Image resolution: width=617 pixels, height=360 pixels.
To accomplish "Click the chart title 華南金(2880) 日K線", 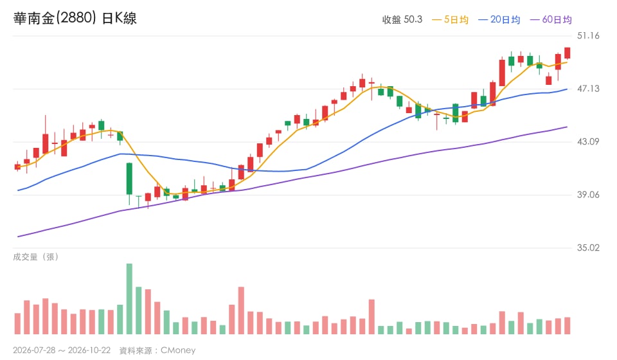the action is pyautogui.click(x=75, y=18).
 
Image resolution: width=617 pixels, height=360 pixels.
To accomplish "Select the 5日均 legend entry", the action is pyautogui.click(x=450, y=20).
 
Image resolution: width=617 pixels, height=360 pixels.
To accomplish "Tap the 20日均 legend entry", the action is pyautogui.click(x=499, y=20).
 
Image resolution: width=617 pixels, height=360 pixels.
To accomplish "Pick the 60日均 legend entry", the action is pyautogui.click(x=551, y=20).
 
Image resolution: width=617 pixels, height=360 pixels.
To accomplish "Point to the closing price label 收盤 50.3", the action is pyautogui.click(x=402, y=20).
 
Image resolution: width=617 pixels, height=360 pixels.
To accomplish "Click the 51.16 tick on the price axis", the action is pyautogui.click(x=588, y=36).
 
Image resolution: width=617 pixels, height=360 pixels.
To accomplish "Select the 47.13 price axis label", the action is pyautogui.click(x=588, y=89).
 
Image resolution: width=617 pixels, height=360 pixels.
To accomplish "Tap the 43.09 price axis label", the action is pyautogui.click(x=588, y=141).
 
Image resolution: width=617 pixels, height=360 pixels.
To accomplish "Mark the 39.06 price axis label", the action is pyautogui.click(x=588, y=195).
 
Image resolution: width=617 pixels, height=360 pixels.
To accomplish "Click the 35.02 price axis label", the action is pyautogui.click(x=588, y=248).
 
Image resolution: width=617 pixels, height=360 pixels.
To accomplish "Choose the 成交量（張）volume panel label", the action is pyautogui.click(x=36, y=257).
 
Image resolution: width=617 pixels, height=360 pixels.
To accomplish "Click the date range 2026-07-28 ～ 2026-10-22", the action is pyautogui.click(x=62, y=350).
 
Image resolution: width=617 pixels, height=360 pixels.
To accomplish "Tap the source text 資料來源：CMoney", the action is pyautogui.click(x=157, y=350).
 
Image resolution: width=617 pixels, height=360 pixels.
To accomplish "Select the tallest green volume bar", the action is pyautogui.click(x=129, y=299).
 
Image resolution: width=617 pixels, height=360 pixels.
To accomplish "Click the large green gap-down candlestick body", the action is pyautogui.click(x=129, y=179).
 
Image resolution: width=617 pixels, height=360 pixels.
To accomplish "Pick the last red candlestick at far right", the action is pyautogui.click(x=567, y=53).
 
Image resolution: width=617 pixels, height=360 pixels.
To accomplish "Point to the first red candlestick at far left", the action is pyautogui.click(x=17, y=166).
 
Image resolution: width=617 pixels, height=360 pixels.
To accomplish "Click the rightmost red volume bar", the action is pyautogui.click(x=567, y=326).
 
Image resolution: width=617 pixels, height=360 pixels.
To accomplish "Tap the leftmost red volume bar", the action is pyautogui.click(x=17, y=324).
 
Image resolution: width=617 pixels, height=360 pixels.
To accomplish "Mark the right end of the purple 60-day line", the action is pyautogui.click(x=567, y=127).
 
